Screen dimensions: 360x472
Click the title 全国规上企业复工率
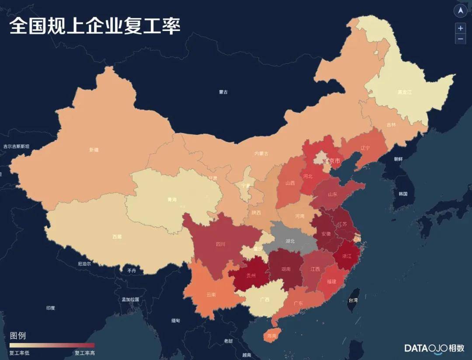95,26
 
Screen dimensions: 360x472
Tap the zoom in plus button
460,28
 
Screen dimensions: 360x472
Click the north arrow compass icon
460,11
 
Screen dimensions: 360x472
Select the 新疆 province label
94,150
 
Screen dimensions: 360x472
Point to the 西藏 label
117,237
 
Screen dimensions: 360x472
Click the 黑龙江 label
404,92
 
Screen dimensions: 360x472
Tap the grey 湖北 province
290,240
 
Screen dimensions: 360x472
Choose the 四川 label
221,244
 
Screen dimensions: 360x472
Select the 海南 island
271,336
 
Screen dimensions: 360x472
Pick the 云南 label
211,294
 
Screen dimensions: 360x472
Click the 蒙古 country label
223,92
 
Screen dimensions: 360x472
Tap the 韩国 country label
403,194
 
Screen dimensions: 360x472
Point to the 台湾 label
352,300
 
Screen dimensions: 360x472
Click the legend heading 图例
18,336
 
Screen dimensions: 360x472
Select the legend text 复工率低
19,353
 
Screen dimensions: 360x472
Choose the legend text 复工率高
84,353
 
